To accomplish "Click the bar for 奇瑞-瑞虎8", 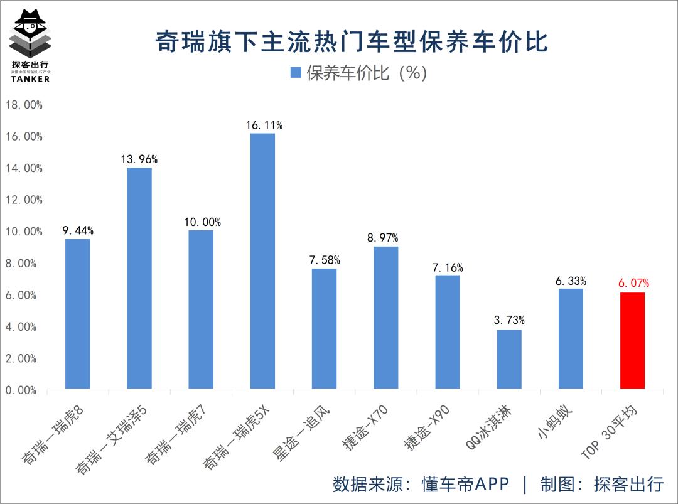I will (77, 314).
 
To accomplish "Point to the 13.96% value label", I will (139, 159).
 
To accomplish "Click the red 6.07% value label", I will (633, 284).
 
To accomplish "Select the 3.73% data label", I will (509, 321).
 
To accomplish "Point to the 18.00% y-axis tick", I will (24, 105).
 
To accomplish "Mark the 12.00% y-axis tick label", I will (24, 200).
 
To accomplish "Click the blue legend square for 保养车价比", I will (296, 73).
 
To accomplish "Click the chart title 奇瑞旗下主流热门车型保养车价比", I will (352, 43).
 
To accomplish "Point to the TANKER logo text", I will (30, 79).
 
